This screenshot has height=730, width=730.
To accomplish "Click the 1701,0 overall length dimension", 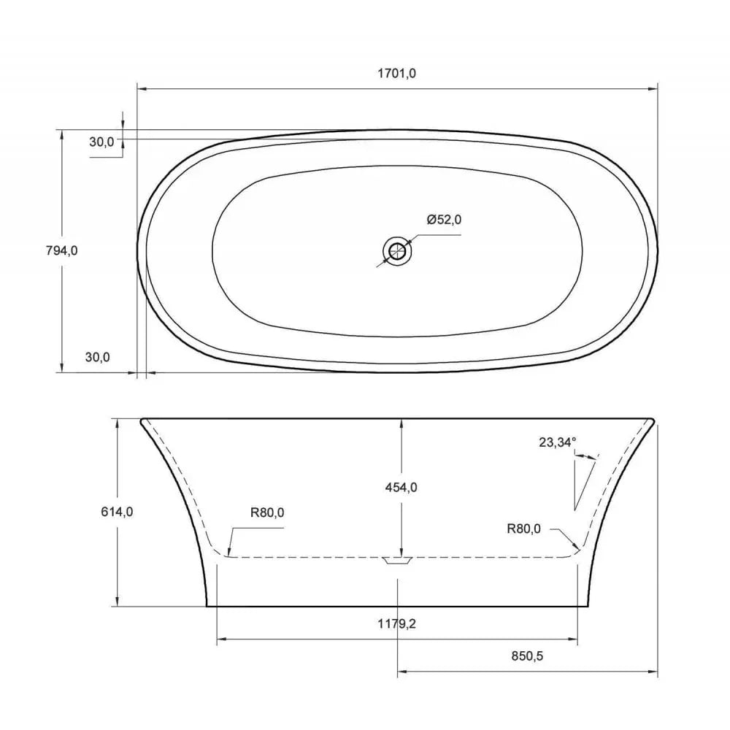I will (x=397, y=73).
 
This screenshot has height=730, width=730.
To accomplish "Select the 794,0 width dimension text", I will (x=61, y=250).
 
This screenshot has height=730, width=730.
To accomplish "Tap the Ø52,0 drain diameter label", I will (x=445, y=219).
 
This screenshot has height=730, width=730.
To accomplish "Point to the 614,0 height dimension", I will (x=118, y=512).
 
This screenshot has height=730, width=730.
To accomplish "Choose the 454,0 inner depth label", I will (x=401, y=487).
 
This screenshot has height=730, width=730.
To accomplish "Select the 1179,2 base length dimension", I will (x=396, y=623).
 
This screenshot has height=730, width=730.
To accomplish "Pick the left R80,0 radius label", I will (x=267, y=512).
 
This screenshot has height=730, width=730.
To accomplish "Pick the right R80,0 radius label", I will (x=523, y=529).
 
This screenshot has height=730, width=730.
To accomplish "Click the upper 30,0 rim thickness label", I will (x=101, y=142).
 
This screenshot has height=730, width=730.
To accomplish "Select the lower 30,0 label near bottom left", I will (x=97, y=357).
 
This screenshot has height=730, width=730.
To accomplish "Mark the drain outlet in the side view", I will (x=398, y=561).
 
